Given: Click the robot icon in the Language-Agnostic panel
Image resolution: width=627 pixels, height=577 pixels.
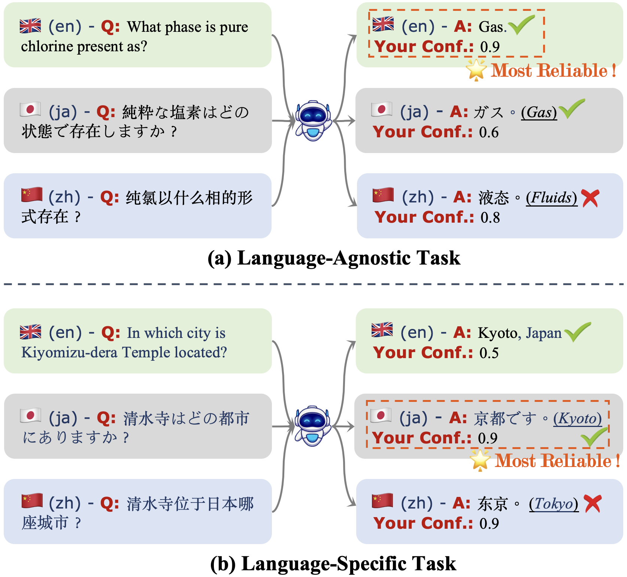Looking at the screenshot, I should click(313, 120).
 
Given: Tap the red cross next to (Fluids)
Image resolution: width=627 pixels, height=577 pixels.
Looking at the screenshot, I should click(590, 198).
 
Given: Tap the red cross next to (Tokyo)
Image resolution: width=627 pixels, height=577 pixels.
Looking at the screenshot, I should click(592, 504).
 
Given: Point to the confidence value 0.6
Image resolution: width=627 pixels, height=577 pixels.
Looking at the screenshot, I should click(489, 132).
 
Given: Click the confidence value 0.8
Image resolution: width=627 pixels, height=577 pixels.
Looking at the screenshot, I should click(490, 218).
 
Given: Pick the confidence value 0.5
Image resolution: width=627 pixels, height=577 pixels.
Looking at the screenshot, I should click(489, 353).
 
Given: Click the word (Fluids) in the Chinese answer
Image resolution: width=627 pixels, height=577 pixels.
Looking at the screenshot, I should click(551, 198).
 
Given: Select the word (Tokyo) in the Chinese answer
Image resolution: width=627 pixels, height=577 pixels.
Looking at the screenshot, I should click(554, 504).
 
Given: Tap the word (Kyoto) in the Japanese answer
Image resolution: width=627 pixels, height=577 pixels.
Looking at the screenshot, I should click(578, 419).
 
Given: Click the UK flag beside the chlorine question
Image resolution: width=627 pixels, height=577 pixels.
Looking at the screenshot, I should click(30, 26).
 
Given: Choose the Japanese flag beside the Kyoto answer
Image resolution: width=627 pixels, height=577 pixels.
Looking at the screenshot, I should click(381, 416).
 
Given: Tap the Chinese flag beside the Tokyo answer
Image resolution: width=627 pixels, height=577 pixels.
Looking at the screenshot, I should click(382, 501).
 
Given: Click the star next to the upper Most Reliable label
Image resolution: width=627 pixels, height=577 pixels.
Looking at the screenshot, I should click(476, 70).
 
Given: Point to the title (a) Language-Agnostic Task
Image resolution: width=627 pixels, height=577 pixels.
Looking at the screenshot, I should click(334, 258).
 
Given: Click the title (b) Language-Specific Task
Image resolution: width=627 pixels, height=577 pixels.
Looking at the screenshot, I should click(333, 564).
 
